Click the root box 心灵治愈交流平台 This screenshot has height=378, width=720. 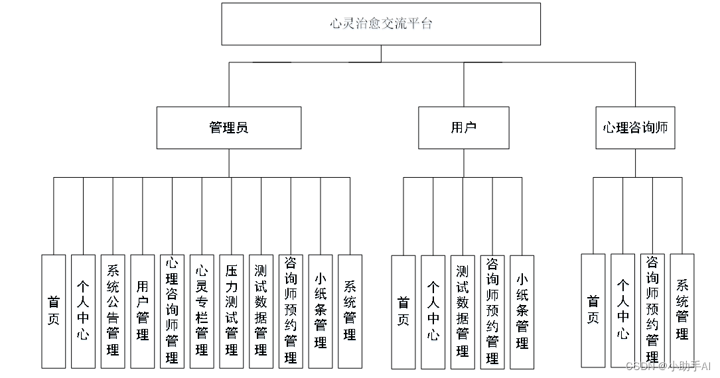[381, 24]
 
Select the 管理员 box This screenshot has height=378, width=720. [228, 127]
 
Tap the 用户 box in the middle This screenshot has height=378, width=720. [463, 127]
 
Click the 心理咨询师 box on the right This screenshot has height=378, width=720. [635, 127]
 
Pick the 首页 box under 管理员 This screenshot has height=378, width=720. [54, 311]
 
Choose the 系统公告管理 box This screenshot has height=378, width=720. [113, 311]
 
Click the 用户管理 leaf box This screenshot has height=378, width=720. [143, 311]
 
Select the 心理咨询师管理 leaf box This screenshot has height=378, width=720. [173, 311]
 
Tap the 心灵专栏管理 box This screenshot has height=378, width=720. [202, 311]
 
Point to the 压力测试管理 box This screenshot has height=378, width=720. [232, 311]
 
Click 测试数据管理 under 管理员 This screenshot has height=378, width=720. [261, 311]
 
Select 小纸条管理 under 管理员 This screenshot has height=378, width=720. [321, 311]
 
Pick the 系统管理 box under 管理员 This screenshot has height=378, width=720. [350, 311]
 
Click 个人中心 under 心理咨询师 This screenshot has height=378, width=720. [623, 310]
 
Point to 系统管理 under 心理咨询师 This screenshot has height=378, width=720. [682, 310]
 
